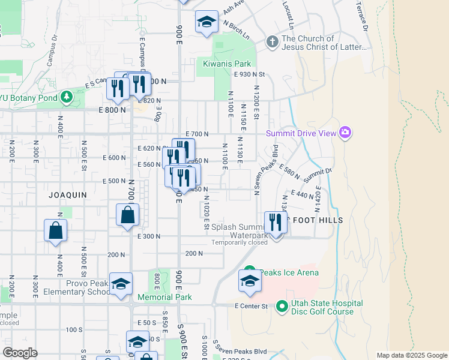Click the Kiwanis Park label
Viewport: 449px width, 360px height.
coord(226,64)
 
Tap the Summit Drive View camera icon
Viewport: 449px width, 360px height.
coord(345,132)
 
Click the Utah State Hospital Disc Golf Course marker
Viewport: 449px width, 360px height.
coord(282,307)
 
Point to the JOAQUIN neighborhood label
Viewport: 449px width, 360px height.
coord(68,195)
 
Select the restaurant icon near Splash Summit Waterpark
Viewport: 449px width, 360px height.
coord(276,223)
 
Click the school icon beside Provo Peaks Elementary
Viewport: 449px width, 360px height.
coord(121,284)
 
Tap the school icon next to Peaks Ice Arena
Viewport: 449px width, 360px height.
coord(250,281)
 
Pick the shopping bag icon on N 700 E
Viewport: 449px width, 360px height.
coord(128,215)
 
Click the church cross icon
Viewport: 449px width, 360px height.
coord(273,42)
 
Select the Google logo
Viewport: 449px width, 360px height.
coord(20,352)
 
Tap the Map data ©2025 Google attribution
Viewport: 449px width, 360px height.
coord(412,355)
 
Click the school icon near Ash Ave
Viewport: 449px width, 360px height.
coord(206,23)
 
